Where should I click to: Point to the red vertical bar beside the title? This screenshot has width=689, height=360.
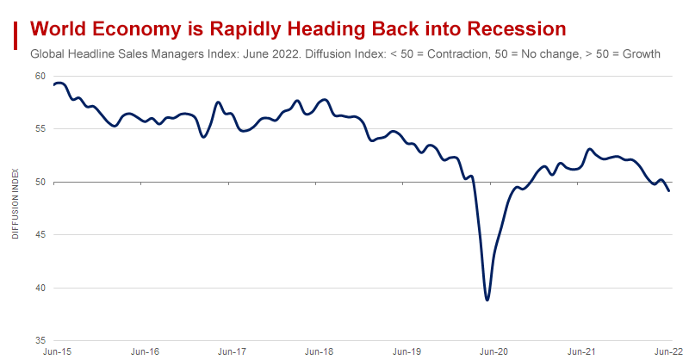pos(16,35)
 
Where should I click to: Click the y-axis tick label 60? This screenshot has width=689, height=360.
pos(40,76)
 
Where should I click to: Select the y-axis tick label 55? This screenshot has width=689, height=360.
pos(40,128)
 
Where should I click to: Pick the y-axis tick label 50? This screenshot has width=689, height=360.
pos(40,182)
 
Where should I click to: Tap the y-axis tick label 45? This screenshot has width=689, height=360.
pos(40,234)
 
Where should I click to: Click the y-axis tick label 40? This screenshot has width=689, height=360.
pos(40,288)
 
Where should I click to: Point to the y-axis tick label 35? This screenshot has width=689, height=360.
pos(40,340)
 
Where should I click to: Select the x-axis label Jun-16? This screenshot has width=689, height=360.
pos(145,352)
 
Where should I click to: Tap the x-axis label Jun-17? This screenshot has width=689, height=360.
pos(232,352)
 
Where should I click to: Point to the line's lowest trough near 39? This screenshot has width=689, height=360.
pos(487,300)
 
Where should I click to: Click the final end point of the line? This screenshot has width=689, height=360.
pos(669,190)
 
